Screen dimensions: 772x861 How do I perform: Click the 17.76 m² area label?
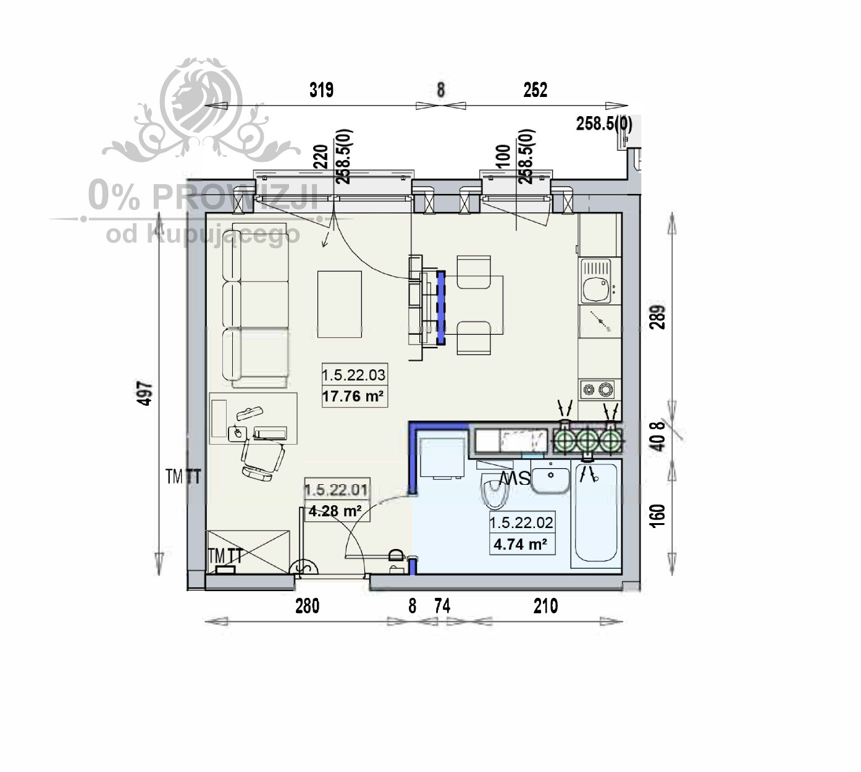[353, 396]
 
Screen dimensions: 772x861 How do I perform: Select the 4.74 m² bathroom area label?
[520, 544]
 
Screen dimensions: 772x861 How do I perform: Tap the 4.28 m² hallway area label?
[335, 511]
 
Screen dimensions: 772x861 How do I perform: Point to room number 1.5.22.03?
[353, 375]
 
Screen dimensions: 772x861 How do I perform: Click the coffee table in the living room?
[339, 304]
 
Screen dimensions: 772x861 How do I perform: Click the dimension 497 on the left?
[144, 393]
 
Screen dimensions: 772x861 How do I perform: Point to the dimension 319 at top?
[321, 90]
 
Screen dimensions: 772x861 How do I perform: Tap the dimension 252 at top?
[535, 90]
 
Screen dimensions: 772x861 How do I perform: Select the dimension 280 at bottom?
[307, 606]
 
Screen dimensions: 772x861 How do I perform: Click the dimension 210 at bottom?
[545, 606]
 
